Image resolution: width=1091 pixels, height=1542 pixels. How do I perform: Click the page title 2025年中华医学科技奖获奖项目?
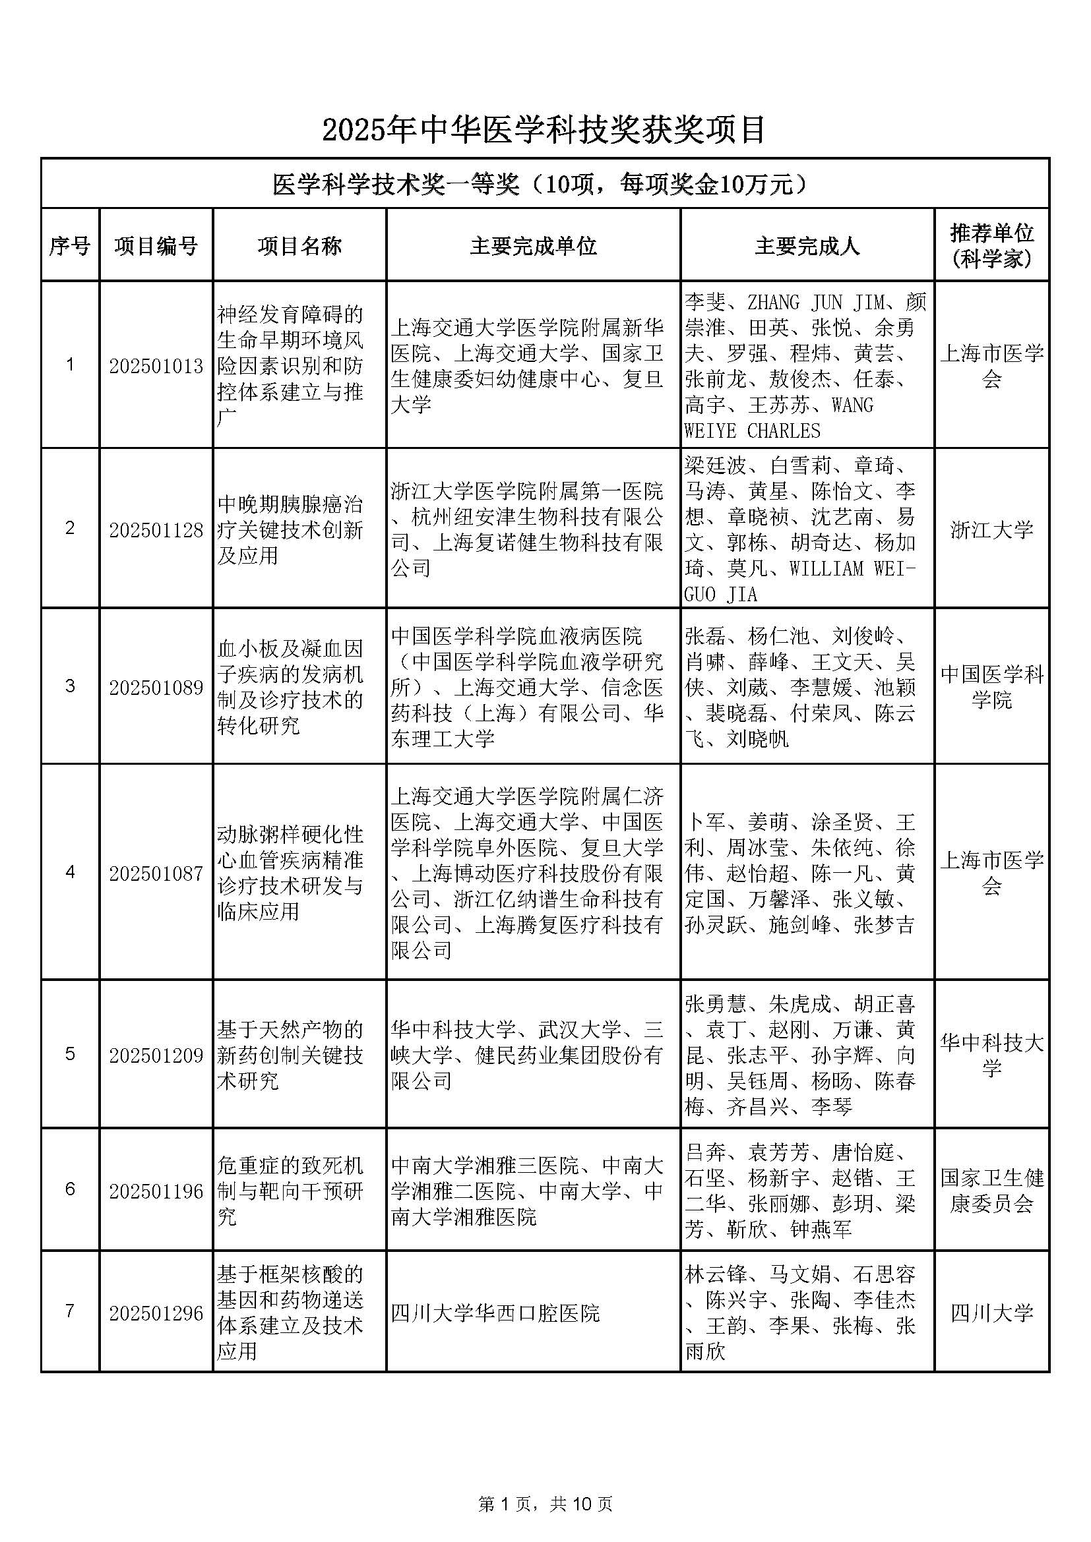point(544,130)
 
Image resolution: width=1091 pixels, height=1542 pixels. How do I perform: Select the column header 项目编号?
point(156,246)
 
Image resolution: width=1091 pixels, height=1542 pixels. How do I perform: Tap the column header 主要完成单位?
point(534,246)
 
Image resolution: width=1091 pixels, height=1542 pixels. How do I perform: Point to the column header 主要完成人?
point(807,246)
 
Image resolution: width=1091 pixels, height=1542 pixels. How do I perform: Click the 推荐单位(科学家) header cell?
point(991,245)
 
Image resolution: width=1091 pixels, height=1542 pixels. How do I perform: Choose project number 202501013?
point(156,366)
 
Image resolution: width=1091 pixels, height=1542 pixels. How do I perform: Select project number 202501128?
point(156,530)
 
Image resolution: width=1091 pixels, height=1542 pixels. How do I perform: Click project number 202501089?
point(156,687)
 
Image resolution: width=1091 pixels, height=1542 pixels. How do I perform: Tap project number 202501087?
point(156,873)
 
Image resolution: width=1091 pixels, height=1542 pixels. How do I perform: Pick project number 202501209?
point(156,1055)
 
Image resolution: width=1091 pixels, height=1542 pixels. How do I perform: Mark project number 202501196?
point(156,1191)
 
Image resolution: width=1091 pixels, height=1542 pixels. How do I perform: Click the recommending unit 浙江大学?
point(991,529)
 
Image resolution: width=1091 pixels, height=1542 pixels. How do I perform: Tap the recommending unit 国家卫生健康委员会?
point(991,1190)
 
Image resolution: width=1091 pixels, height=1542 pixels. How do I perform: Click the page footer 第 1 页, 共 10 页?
point(545,1502)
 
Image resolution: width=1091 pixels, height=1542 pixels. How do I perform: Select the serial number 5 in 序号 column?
point(70,1053)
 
